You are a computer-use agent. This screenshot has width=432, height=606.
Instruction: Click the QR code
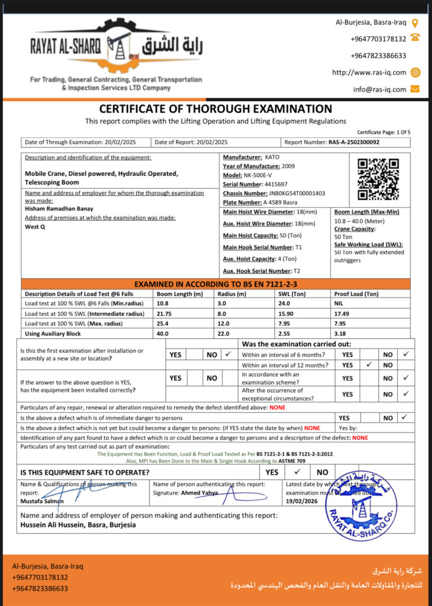pyautogui.click(x=378, y=179)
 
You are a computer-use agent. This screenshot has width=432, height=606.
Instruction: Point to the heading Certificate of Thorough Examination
pyautogui.click(x=215, y=109)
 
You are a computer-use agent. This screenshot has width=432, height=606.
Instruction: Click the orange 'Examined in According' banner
pyautogui.click(x=215, y=284)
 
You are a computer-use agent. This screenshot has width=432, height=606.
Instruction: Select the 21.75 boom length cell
pyautogui.click(x=164, y=314)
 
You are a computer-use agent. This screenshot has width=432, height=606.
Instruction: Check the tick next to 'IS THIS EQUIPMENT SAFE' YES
pyautogui.click(x=297, y=472)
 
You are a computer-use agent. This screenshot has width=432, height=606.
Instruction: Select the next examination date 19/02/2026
pyautogui.click(x=301, y=501)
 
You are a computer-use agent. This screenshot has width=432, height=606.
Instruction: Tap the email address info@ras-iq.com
pyautogui.click(x=380, y=89)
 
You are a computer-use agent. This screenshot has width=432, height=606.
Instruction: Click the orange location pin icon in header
pyautogui.click(x=415, y=23)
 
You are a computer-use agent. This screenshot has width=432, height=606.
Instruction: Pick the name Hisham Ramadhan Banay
pyautogui.click(x=59, y=208)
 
